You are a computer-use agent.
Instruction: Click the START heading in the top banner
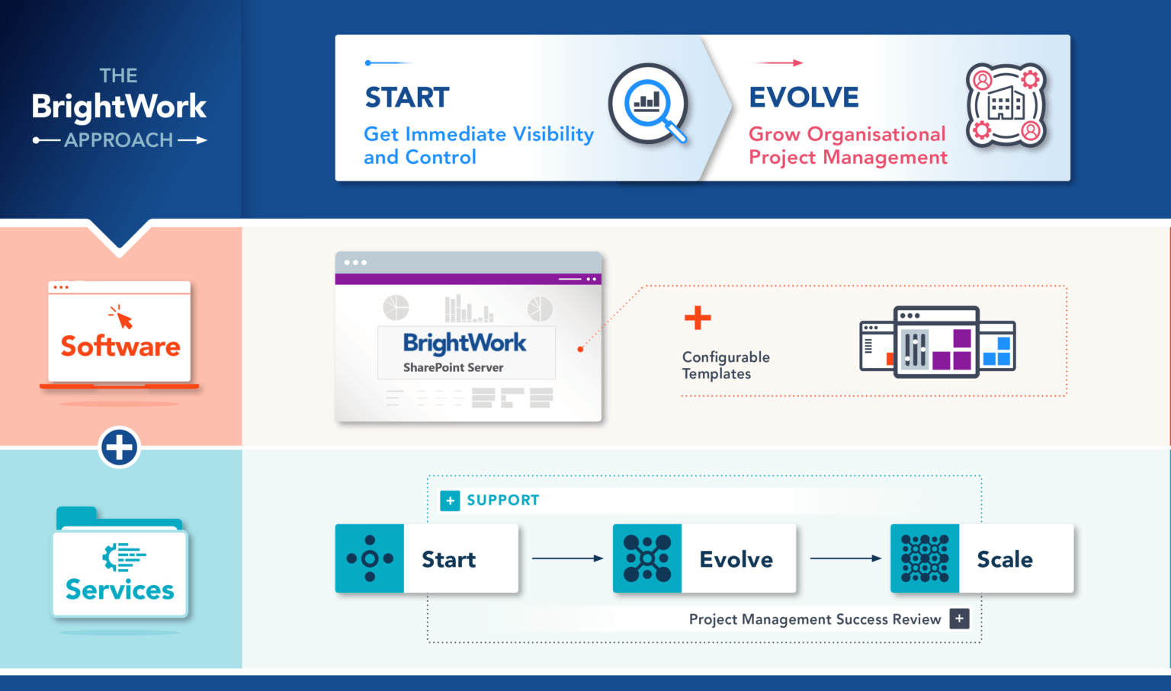(407, 98)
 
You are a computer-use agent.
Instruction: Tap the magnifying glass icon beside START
(648, 104)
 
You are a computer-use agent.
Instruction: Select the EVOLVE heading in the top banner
(804, 98)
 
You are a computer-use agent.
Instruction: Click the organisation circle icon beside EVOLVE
(1006, 105)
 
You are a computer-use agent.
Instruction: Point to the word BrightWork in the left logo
(119, 107)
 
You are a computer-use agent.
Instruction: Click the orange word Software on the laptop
(120, 347)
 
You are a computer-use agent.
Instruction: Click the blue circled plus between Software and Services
(120, 447)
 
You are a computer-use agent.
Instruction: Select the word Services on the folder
(120, 590)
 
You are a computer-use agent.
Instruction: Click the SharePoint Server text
(453, 367)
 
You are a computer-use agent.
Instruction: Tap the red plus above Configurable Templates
(697, 318)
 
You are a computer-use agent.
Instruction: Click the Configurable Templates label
(725, 365)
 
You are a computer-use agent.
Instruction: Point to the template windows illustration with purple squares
(937, 342)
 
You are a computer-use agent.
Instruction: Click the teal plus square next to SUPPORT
(450, 501)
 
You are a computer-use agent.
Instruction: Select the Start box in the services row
(427, 558)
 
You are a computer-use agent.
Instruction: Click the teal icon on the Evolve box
(646, 558)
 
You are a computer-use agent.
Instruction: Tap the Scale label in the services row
(1004, 559)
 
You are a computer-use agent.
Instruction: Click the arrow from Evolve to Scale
(845, 558)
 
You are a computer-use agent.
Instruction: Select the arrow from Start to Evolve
(567, 558)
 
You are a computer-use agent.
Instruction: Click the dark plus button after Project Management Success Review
(959, 619)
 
